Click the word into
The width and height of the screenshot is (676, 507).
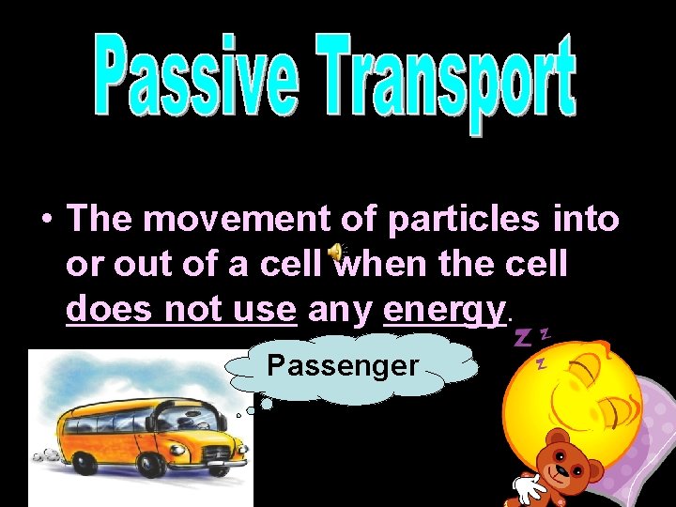click(x=584, y=220)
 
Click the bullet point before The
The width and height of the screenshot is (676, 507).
click(x=44, y=222)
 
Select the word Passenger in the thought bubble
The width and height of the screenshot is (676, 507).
click(x=343, y=364)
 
